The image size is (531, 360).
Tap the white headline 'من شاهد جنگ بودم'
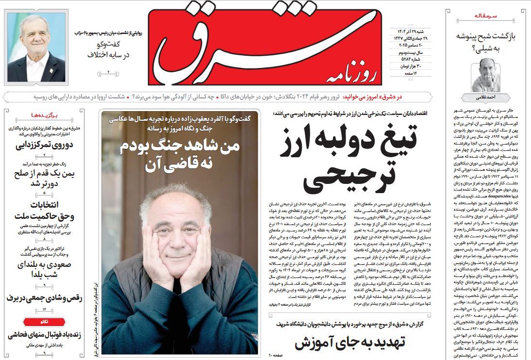180,154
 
